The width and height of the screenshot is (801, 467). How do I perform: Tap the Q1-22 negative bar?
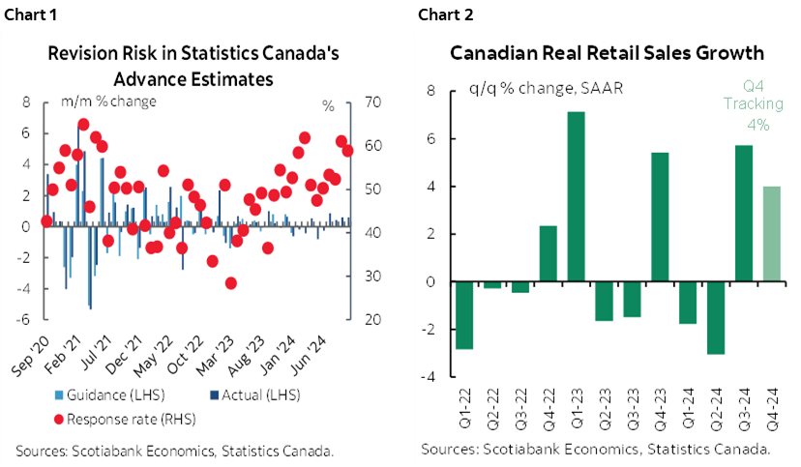(x=464, y=314)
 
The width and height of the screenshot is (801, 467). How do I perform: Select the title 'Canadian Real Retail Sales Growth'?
(x=607, y=53)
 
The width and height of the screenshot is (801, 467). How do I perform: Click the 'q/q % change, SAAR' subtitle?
(x=546, y=87)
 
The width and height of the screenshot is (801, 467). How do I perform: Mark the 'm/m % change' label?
(x=108, y=101)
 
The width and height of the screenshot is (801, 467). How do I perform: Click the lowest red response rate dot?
(x=230, y=282)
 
